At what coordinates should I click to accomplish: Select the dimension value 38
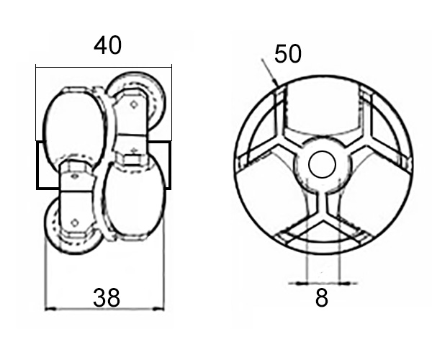click(x=107, y=297)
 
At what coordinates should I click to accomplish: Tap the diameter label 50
click(x=288, y=54)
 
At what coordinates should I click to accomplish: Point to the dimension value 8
click(x=322, y=297)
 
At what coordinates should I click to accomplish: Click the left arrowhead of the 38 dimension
click(x=48, y=310)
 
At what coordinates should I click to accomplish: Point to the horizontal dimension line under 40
click(x=104, y=67)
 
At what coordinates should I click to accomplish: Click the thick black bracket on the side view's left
click(x=37, y=166)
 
